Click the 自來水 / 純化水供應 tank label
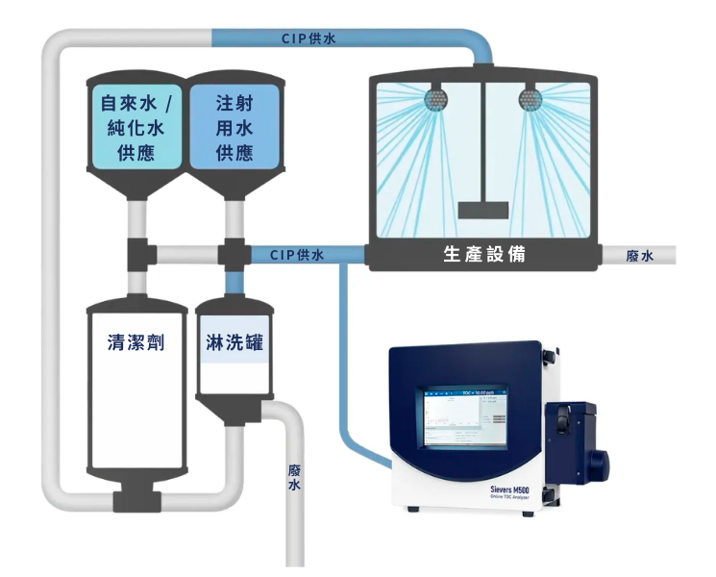coord(136,127)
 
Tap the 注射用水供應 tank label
coord(234,127)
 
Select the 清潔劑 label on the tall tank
coord(136,341)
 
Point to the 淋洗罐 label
coord(235,341)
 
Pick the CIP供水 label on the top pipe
coord(309,38)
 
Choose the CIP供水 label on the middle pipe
coord(297,255)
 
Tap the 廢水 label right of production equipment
coord(639,256)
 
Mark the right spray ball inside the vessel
coord(529,98)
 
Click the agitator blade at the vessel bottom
coord(482,211)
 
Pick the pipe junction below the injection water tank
coord(234,257)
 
